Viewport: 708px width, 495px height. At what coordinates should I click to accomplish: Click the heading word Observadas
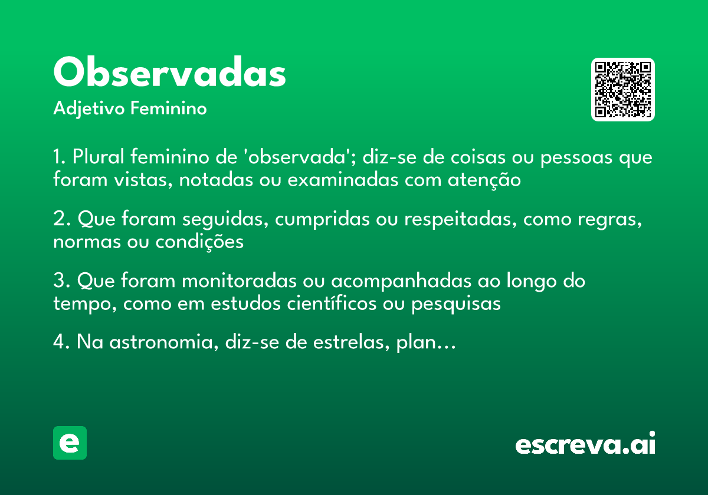click(170, 74)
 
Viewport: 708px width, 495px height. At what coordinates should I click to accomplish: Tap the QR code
click(622, 90)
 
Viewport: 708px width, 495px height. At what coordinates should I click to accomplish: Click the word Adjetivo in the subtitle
click(89, 109)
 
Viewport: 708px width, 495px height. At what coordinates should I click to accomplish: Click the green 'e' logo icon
click(70, 443)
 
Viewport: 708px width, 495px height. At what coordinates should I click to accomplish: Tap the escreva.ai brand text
click(585, 445)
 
